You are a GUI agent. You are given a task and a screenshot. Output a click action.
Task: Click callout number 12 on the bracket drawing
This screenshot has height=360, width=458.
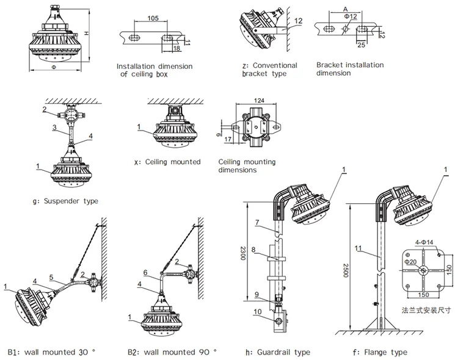coord(297,20)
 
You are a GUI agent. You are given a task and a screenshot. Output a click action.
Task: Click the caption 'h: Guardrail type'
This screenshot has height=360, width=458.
coord(278,352)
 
